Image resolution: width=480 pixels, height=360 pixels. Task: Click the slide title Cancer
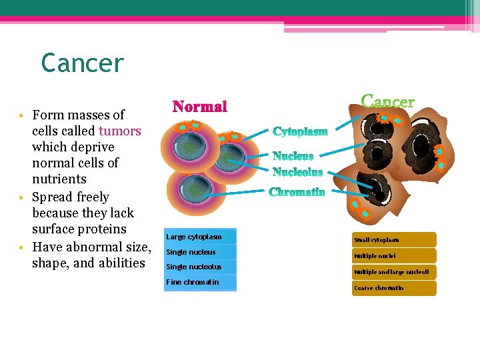click(82, 63)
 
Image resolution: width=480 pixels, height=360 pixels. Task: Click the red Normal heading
click(200, 107)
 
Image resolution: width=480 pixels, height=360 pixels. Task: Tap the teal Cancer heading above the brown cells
click(388, 102)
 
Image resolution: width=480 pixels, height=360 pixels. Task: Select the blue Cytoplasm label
click(300, 131)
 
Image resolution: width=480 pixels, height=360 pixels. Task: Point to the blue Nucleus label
click(293, 157)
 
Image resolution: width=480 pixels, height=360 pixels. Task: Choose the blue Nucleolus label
click(297, 172)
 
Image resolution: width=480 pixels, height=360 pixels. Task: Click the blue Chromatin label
click(297, 193)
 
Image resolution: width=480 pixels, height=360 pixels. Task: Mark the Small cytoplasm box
click(394, 240)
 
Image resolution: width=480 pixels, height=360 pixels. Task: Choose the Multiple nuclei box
click(394, 256)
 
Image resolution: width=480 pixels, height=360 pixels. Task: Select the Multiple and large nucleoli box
click(394, 272)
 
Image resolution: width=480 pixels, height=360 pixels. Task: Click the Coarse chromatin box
click(394, 288)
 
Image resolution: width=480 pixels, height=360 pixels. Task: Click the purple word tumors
click(119, 131)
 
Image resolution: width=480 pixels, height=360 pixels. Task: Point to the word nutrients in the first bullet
click(59, 179)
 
